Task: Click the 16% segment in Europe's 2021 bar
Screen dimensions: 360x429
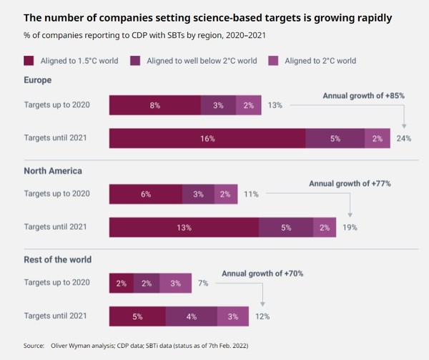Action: (x=207, y=138)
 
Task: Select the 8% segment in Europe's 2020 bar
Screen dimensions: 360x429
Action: (x=155, y=105)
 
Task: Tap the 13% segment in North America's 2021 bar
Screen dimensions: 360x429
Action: (x=184, y=228)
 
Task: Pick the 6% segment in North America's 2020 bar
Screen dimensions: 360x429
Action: (x=146, y=194)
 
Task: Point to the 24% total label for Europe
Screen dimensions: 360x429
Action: (x=404, y=138)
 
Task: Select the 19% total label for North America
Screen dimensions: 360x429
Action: (x=349, y=228)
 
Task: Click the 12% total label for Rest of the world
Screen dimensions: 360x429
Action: (x=262, y=316)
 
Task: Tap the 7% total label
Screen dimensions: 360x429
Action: (x=203, y=283)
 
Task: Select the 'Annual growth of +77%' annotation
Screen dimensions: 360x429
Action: (x=350, y=183)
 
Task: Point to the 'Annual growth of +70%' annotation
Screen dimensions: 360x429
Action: (x=262, y=273)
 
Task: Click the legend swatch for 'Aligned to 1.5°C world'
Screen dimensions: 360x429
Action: (x=29, y=61)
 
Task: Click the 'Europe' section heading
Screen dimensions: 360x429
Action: (x=38, y=81)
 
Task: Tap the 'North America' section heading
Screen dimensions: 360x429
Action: (x=53, y=170)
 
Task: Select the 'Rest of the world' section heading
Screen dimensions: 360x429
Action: (x=58, y=260)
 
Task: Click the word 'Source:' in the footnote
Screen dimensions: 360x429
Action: (x=34, y=346)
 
